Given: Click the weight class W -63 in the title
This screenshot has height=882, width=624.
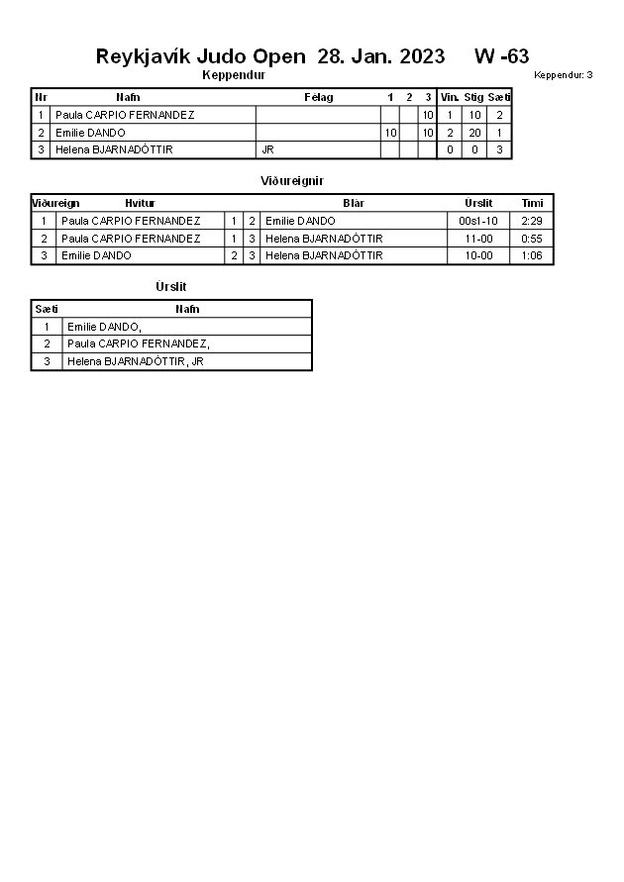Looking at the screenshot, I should tap(501, 56).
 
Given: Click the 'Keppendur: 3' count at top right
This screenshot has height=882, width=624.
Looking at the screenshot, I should tap(563, 75).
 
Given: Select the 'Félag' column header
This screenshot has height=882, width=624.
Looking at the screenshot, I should tap(318, 97).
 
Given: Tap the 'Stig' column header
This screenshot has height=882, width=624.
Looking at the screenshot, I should tap(473, 97).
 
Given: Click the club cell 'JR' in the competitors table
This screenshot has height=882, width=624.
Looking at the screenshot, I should tap(267, 149).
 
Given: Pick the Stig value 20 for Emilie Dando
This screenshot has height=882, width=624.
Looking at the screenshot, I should tap(474, 133).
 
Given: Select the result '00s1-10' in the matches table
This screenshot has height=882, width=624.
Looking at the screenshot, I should tap(479, 221).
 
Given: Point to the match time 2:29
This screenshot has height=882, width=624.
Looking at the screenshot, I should tap(532, 221).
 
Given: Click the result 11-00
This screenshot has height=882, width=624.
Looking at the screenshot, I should tap(479, 239).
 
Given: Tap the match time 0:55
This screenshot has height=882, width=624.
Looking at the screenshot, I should tap(532, 239).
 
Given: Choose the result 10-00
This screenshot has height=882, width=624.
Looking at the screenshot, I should tap(479, 255).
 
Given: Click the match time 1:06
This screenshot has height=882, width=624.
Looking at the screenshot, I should tap(532, 255).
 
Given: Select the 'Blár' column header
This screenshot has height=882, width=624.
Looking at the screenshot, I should tap(354, 203).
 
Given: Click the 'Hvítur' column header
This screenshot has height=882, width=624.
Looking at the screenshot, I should tap(140, 203).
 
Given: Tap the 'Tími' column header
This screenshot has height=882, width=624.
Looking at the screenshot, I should tap(532, 203).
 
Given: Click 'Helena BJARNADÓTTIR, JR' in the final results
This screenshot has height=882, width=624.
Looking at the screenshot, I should tap(136, 361).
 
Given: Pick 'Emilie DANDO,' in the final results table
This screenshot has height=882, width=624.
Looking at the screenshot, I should tap(105, 327).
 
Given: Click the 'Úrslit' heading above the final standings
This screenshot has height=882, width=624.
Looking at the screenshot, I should tap(171, 287).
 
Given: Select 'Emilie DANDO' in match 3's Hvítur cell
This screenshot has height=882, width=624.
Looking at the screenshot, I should tap(96, 255).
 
